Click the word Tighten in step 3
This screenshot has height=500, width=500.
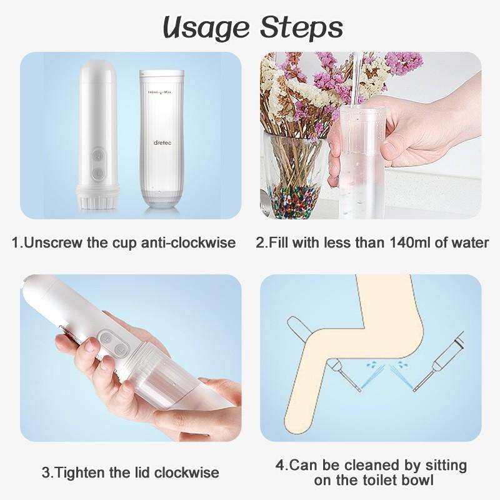[x=84, y=471]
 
